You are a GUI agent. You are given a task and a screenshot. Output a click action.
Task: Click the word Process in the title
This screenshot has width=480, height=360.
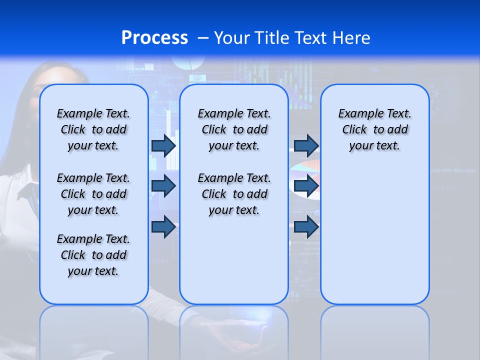point(154,38)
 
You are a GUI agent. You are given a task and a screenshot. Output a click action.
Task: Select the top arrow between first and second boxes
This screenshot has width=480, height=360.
point(163,145)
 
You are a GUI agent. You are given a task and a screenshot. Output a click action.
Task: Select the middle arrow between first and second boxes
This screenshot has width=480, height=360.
point(163,186)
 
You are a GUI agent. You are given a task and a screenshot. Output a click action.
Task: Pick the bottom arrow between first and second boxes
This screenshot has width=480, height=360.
point(163,226)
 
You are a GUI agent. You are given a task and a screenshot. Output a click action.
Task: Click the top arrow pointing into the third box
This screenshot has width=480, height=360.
point(306,145)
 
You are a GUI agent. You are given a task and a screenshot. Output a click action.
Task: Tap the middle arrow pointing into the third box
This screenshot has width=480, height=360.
point(306,186)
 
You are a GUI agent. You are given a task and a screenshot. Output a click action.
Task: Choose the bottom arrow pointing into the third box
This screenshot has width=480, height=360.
point(306,226)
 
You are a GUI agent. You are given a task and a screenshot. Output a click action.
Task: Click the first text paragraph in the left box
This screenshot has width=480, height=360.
point(93,129)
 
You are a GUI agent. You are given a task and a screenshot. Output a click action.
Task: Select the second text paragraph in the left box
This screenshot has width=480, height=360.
point(93,194)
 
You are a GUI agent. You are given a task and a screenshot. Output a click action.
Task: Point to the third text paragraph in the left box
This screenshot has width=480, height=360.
point(93,255)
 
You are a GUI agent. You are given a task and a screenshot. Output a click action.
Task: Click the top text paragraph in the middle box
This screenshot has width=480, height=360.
point(234,129)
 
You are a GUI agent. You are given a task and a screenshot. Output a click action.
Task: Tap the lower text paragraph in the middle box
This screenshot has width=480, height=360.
point(234,194)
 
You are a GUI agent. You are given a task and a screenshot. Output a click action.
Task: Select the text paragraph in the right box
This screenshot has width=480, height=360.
point(374,129)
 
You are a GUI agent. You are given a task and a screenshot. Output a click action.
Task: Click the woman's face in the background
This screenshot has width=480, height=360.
point(35,95)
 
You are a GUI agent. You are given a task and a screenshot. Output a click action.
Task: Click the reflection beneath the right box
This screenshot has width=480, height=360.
point(374,332)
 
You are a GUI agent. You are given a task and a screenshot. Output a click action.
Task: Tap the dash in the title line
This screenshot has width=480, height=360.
point(203,38)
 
